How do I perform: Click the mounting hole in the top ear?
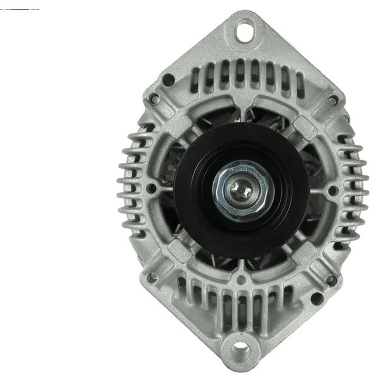pyautogui.click(x=245, y=30)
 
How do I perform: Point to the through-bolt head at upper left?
pyautogui.click(x=154, y=99)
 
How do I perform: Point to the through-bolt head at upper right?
pyautogui.click(x=333, y=100)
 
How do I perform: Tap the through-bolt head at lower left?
pyautogui.click(x=153, y=277)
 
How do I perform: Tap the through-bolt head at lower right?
pyautogui.click(x=331, y=280)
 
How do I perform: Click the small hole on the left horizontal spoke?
pyautogui.click(x=151, y=188)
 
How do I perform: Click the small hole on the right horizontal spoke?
pyautogui.click(x=333, y=190)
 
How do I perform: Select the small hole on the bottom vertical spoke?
pyautogui.click(x=241, y=280)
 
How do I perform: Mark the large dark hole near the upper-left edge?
pyautogui.click(x=169, y=80)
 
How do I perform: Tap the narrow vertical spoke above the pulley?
pyautogui.click(x=242, y=109)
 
